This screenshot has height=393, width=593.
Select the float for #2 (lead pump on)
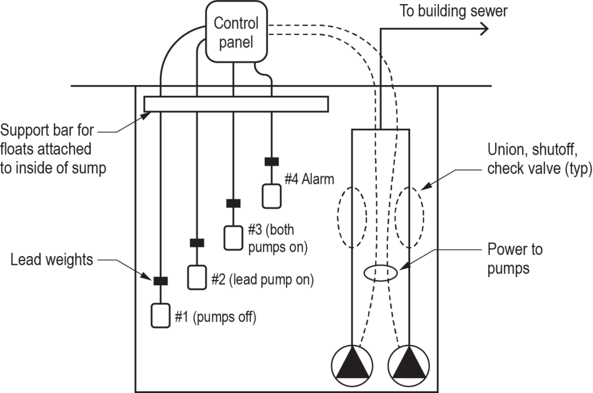click(x=197, y=277)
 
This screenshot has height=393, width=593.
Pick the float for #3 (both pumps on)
click(x=233, y=238)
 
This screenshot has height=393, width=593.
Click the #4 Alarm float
click(x=270, y=196)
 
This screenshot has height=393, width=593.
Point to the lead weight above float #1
click(x=160, y=281)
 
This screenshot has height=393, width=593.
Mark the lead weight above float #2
click(x=197, y=242)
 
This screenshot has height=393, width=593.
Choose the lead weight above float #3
click(x=233, y=203)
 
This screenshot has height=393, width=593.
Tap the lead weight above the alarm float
click(x=270, y=162)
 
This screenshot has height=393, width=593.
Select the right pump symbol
click(x=409, y=363)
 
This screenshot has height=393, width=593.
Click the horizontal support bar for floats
click(x=236, y=104)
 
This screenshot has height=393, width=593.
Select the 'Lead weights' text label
click(x=52, y=260)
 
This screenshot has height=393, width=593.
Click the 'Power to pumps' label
click(x=515, y=258)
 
